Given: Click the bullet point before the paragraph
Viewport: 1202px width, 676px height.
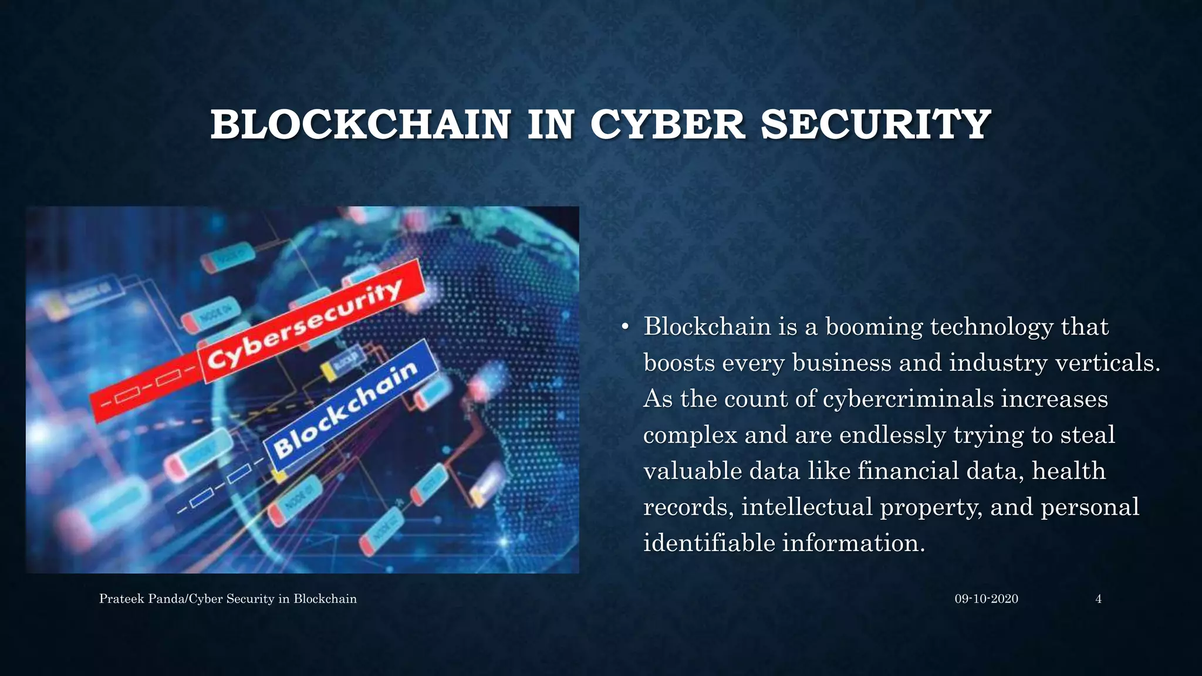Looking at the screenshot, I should pos(626,327).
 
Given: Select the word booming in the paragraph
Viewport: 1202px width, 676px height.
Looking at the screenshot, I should pos(874,327).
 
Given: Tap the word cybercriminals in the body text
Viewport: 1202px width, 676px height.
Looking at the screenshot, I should pos(908,399).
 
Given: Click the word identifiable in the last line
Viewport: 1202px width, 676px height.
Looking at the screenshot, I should pos(709,543).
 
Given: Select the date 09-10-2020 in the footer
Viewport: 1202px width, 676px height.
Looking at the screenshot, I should pos(986,599).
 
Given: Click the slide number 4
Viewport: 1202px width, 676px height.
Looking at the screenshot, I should pos(1098,599).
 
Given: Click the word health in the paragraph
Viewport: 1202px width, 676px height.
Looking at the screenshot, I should pos(1068,471).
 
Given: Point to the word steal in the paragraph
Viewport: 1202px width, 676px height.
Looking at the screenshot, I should pos(1088,435).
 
